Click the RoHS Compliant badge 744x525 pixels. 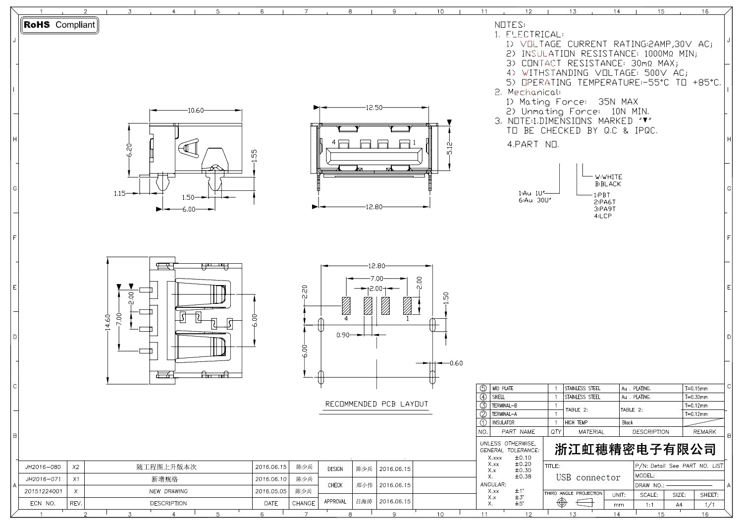point(59,25)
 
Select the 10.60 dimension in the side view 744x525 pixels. point(196,111)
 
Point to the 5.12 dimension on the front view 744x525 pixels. point(449,149)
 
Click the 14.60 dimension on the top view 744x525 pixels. point(107,323)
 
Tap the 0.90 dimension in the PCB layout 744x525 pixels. point(343,335)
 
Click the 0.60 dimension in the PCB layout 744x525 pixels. point(456,363)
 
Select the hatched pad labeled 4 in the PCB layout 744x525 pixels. point(346,305)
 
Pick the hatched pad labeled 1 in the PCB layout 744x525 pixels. point(407,305)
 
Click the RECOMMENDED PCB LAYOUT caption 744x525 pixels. point(376,404)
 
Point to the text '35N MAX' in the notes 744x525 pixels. point(618,102)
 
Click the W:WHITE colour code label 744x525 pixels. point(608,177)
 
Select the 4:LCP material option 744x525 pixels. point(603,216)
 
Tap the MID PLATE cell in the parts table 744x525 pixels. point(503,388)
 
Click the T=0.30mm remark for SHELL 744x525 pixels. point(696,397)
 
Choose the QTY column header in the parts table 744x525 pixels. point(556,432)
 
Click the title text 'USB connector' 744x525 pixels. point(588,477)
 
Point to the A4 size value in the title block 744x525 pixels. point(679,505)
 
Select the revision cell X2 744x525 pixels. point(76,467)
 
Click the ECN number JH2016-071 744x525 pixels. point(43,479)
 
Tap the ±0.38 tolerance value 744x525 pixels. point(523,476)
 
